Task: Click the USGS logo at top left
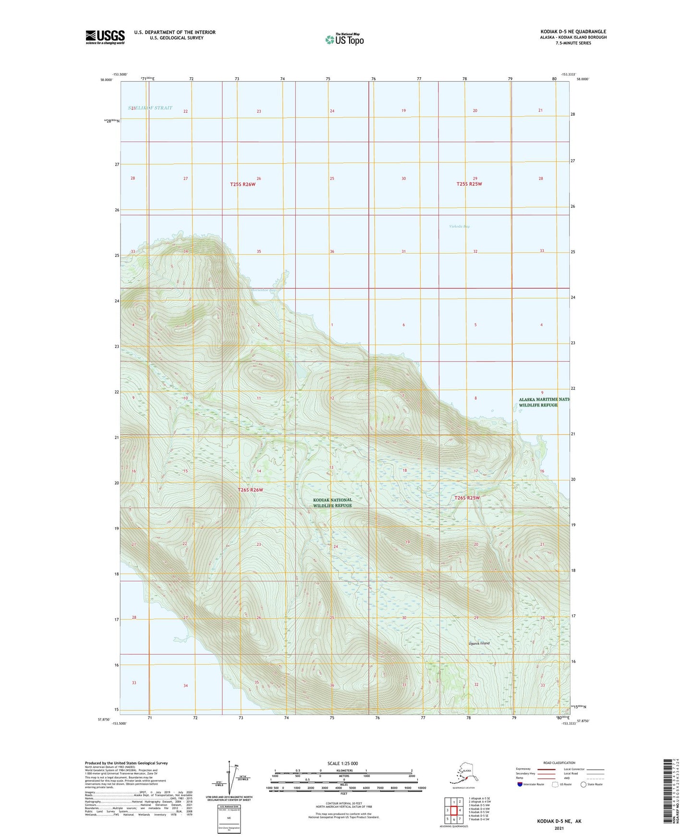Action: coord(105,37)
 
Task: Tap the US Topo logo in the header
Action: coord(344,39)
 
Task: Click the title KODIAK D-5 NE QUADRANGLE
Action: coord(573,32)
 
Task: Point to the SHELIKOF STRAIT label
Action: coord(150,108)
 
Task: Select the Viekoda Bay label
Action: coord(459,226)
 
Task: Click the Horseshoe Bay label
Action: coord(264,290)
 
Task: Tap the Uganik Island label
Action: coord(479,643)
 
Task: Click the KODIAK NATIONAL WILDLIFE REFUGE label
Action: coord(332,503)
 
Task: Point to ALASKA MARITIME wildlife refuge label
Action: coord(543,402)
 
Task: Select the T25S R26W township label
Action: coord(243,184)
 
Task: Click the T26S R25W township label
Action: coord(467,498)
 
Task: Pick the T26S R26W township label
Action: coord(250,490)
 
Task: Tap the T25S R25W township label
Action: coord(469,184)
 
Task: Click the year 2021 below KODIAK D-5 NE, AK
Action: coord(559,828)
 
